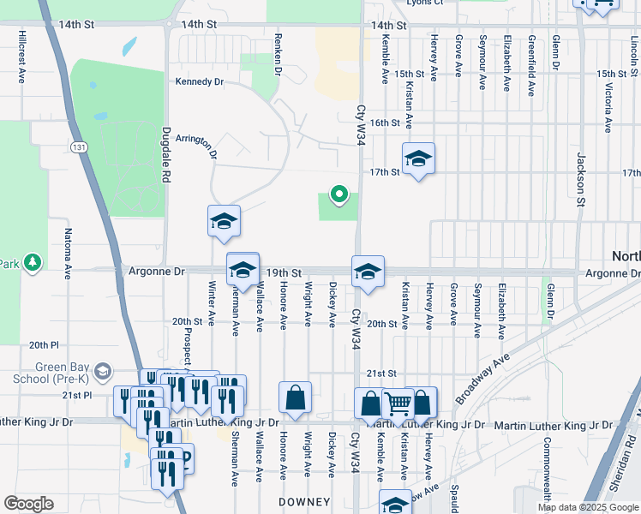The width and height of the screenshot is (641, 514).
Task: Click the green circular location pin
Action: pos(338,195)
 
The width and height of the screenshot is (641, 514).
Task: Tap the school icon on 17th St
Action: pos(418,158)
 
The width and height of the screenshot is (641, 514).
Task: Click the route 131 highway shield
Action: pos(79,147)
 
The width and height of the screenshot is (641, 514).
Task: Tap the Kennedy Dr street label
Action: pos(199,82)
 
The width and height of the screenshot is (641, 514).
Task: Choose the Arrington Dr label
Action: pos(196,145)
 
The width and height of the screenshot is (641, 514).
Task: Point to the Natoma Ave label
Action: pos(66,248)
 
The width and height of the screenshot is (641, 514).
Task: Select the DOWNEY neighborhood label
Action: pos(304,501)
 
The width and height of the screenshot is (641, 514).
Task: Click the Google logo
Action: pos(28,504)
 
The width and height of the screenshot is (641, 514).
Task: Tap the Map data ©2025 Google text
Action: pos(587,507)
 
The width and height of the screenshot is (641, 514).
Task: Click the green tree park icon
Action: pos(33,262)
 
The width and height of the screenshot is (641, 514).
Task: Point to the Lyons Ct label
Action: pos(426,3)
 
